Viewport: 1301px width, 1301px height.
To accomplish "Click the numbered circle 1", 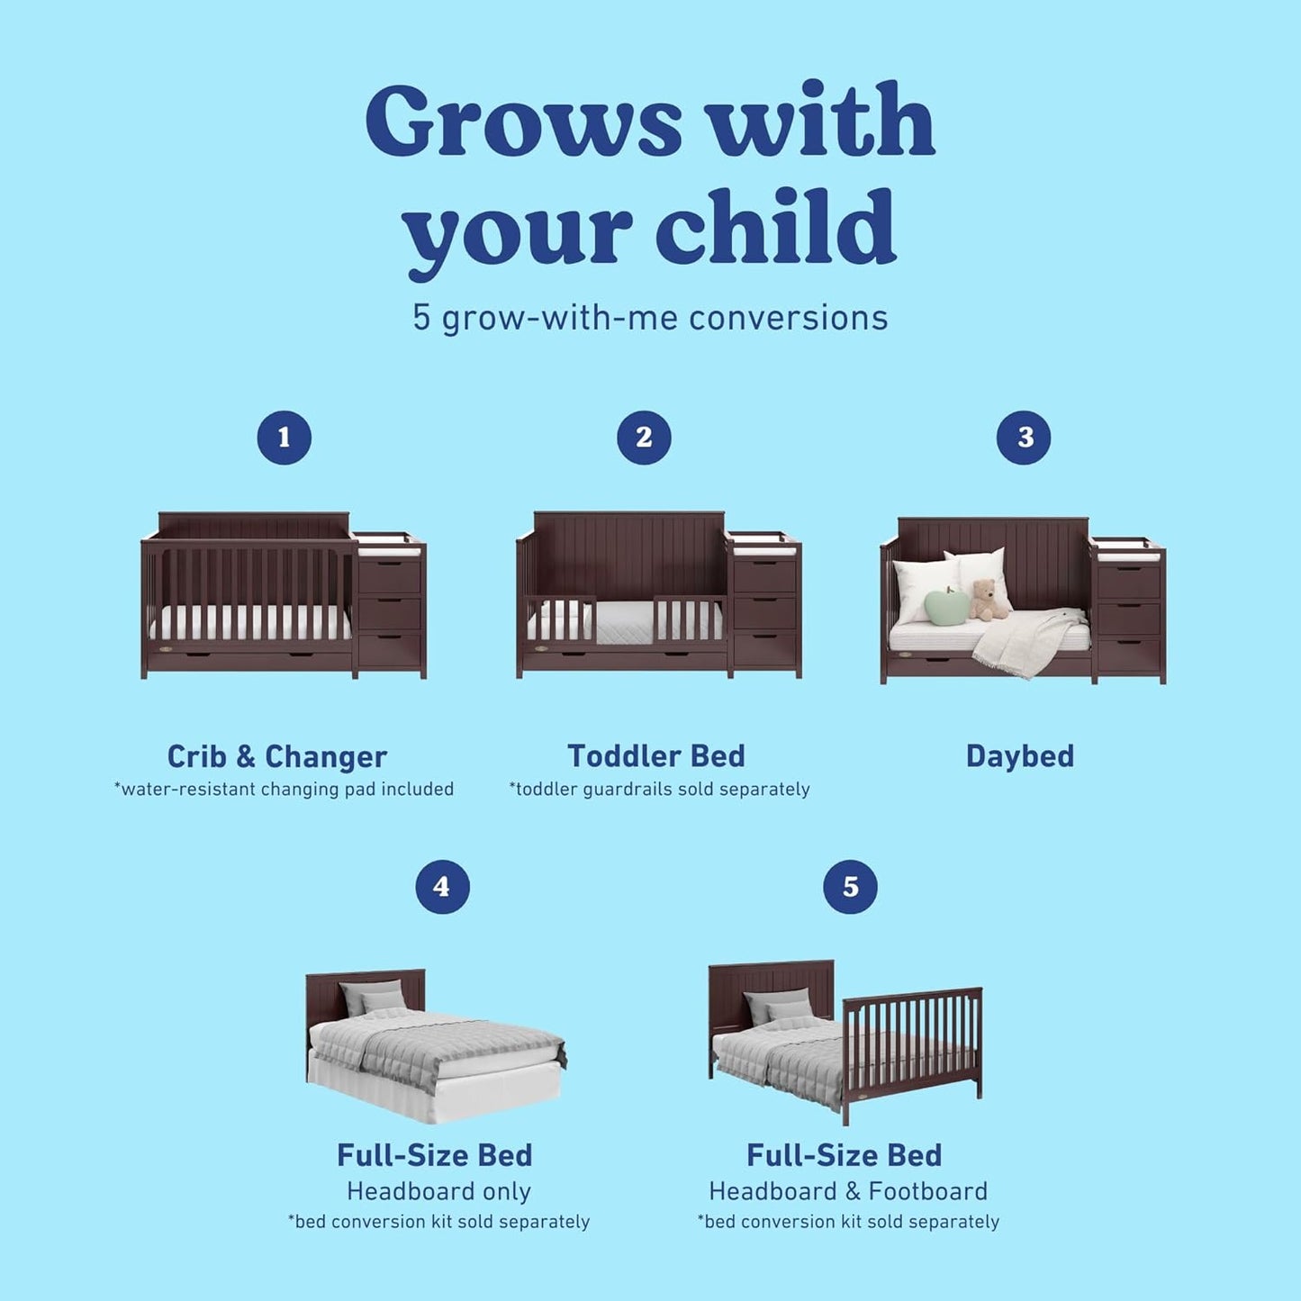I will [285, 438].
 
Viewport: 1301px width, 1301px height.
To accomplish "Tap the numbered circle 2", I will [644, 438].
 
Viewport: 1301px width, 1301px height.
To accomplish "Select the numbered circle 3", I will [1024, 438].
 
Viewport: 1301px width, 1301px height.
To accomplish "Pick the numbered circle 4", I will [442, 887].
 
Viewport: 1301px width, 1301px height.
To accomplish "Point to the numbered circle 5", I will [850, 887].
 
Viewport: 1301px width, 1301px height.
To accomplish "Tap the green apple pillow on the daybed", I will [947, 607].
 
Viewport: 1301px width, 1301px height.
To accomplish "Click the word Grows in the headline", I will [523, 122].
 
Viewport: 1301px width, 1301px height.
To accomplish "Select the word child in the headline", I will [775, 228].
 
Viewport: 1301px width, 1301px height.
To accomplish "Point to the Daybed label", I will [1020, 756].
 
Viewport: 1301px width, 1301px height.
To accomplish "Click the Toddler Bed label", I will [656, 756].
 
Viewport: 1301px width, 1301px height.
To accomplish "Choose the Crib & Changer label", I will [277, 756].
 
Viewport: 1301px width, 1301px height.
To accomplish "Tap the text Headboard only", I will [439, 1191].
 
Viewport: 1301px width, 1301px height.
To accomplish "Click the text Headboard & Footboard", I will [848, 1191].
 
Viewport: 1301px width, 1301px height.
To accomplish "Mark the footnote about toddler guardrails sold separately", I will [659, 790].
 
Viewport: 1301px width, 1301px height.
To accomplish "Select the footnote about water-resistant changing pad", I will [284, 790].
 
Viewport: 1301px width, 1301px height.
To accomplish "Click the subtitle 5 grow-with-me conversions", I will [650, 318].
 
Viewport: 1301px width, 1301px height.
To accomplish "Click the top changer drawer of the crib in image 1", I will [389, 578].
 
